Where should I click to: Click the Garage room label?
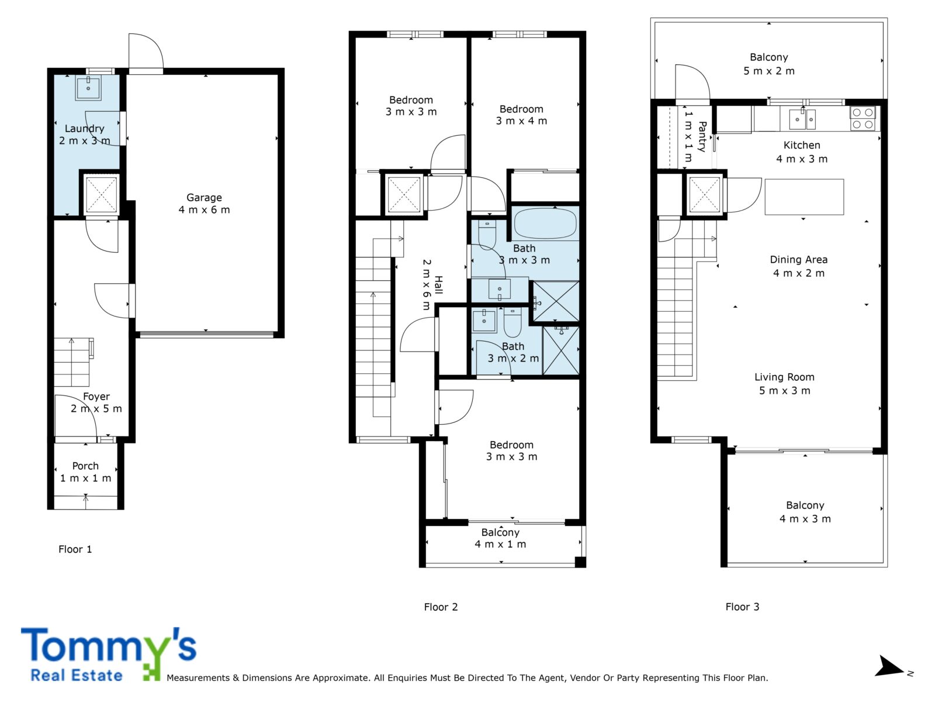[204, 204]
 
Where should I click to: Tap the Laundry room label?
[84, 135]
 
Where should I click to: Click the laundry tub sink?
[88, 88]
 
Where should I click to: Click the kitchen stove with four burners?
[863, 119]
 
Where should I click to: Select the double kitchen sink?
[802, 119]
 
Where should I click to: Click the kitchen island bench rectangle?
[804, 197]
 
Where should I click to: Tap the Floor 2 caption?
[441, 607]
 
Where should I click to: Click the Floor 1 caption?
[75, 549]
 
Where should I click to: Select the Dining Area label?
[799, 266]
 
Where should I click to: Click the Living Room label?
[785, 384]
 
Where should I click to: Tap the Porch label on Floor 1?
[85, 472]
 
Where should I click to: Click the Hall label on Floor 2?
[432, 285]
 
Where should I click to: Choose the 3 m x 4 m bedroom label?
[521, 115]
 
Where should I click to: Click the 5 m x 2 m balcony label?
[769, 64]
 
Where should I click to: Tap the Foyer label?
[96, 402]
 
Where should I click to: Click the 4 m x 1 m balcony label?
[500, 538]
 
